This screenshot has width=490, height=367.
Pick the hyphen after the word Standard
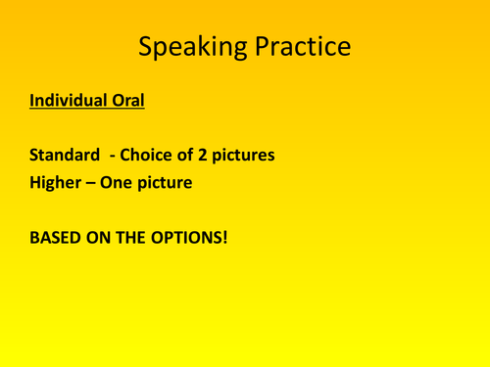113,156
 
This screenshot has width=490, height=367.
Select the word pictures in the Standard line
241,156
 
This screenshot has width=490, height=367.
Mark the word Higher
56,182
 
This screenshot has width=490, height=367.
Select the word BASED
54,236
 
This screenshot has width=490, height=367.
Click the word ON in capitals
96,236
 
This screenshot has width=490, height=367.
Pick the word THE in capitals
129,236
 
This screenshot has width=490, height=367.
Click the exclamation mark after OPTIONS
224,236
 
